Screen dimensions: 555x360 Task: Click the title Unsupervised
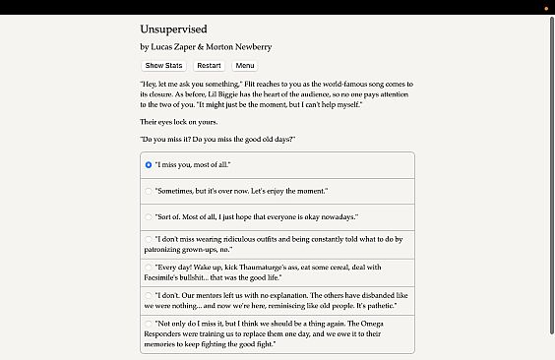tap(173, 30)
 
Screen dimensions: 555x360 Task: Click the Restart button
tap(209, 66)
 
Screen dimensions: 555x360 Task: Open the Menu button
tap(245, 66)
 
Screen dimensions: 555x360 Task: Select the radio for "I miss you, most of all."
tap(149, 165)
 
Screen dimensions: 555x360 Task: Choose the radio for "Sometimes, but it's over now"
tap(149, 191)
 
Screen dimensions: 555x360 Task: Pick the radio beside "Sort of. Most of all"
tap(149, 216)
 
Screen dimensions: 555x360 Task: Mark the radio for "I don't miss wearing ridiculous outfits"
tap(149, 239)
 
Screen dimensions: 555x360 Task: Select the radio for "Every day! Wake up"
tap(149, 267)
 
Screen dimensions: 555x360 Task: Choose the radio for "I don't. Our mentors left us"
tap(149, 294)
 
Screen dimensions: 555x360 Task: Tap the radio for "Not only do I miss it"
tap(149, 323)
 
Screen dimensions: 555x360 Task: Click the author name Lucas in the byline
tap(164, 46)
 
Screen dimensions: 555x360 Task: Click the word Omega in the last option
tap(373, 323)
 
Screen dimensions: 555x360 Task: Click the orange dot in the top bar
tap(545, 8)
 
